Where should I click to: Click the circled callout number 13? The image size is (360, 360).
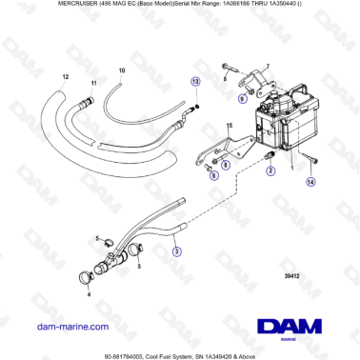click(195, 83)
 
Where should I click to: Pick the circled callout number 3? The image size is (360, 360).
click(174, 252)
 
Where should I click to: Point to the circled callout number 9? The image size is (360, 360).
click(242, 98)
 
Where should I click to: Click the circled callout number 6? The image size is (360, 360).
click(214, 175)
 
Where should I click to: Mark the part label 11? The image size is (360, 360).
click(93, 84)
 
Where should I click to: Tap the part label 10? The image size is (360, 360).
click(121, 71)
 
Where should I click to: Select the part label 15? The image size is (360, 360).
click(229, 126)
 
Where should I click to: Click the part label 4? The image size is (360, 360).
click(89, 295)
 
